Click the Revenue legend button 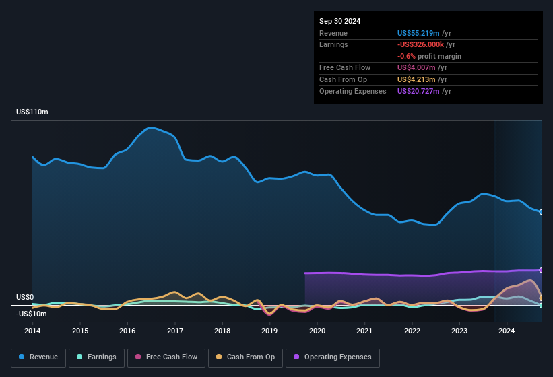click(39, 357)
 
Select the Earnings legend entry click(96, 357)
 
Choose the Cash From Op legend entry click(245, 357)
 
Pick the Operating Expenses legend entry click(333, 357)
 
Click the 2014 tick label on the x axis click(32, 331)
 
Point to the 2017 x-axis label click(175, 331)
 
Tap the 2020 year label click(317, 331)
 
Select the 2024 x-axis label click(507, 331)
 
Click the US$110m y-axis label click(32, 112)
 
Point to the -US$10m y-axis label click(32, 314)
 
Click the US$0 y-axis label click(25, 297)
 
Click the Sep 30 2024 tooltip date click(339, 21)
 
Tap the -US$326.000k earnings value click(422, 44)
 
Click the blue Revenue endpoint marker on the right click(542, 212)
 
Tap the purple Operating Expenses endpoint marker click(542, 270)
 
